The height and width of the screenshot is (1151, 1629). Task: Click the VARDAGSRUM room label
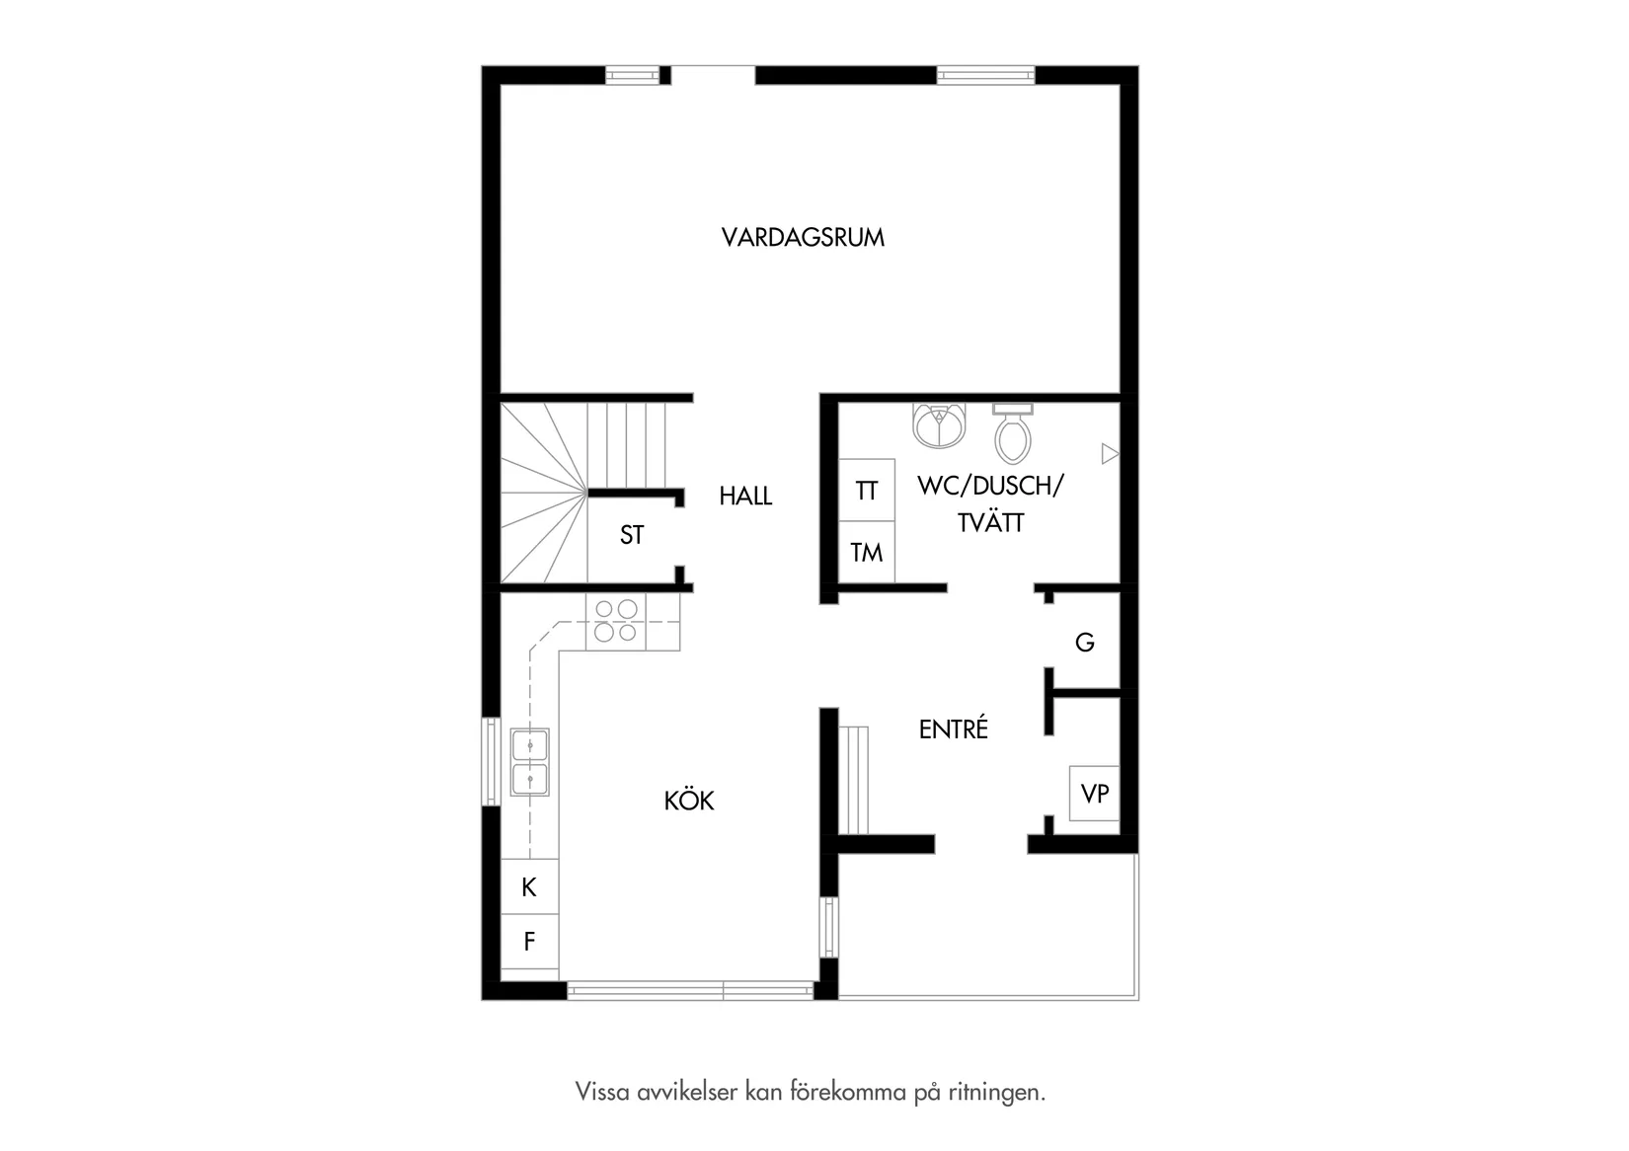pos(803,238)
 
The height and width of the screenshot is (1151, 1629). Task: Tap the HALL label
pos(745,497)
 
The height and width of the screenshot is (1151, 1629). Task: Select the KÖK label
pos(689,801)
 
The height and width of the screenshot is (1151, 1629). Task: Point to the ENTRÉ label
pos(953,729)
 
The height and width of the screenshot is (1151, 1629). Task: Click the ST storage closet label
pos(632,535)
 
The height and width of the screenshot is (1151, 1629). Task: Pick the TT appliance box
pos(867,491)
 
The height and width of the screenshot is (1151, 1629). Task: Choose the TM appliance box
pos(867,553)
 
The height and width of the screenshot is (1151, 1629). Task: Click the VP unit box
pos(1095,794)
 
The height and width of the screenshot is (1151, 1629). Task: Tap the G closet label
pos(1084,643)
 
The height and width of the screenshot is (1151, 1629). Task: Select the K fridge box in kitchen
pos(529,887)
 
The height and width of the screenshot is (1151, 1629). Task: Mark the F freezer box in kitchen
pos(529,942)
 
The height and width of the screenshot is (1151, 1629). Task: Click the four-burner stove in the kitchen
pos(615,621)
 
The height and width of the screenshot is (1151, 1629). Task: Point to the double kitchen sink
pos(530,763)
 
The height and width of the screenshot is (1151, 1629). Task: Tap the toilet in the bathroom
pos(1013,434)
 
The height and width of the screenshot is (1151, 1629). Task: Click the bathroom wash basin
pos(939,425)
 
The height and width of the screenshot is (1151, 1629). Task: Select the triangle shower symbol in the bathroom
pos(1110,454)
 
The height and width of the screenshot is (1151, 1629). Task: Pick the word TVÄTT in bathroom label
pos(990,523)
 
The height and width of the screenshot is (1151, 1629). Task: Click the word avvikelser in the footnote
pos(671,1093)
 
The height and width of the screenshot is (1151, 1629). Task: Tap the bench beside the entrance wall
pos(854,780)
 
